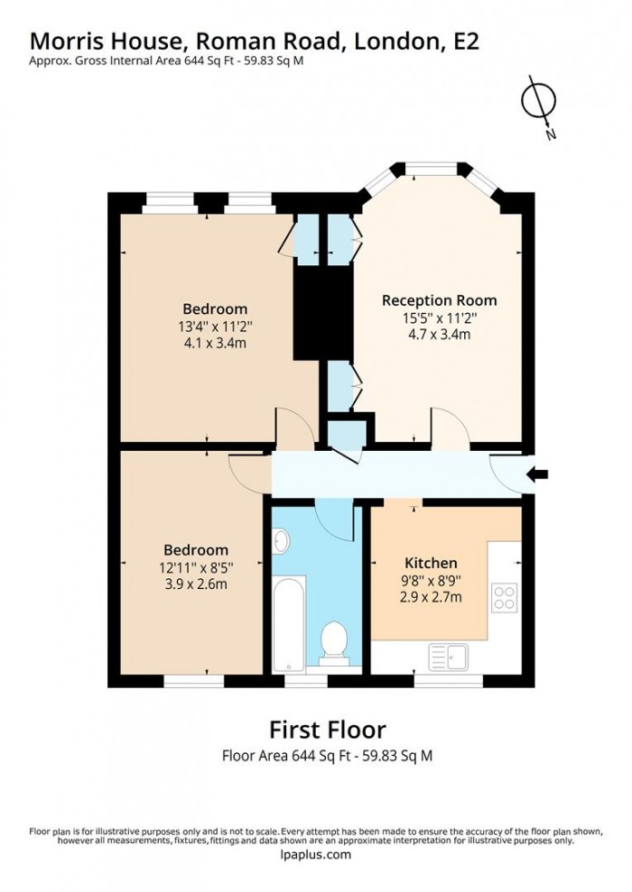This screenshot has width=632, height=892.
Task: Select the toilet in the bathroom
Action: (333, 641)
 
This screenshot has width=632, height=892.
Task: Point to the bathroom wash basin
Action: (280, 541)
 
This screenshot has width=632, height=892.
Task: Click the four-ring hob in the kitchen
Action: (503, 597)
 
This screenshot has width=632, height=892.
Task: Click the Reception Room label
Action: (439, 300)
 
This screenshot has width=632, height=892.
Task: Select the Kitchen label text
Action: (430, 563)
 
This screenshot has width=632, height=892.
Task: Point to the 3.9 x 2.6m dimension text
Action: (195, 584)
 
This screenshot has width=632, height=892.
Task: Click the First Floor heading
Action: (328, 729)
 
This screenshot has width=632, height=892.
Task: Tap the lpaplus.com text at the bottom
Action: (315, 855)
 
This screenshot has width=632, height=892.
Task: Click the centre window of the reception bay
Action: (431, 168)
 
